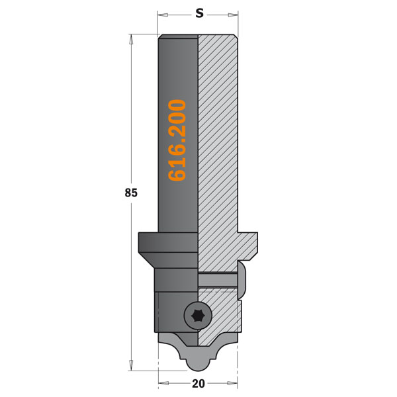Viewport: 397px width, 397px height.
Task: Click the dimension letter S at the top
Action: point(200,13)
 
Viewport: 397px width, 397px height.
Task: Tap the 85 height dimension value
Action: point(131,193)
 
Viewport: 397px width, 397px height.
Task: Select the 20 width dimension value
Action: point(198,384)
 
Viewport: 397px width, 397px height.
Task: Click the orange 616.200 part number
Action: point(177,140)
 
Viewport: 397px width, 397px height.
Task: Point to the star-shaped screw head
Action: point(197,316)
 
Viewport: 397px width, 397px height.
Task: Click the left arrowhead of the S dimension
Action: point(163,15)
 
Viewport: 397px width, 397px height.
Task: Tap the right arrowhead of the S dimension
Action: point(233,15)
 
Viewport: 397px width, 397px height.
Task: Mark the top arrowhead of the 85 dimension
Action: point(131,39)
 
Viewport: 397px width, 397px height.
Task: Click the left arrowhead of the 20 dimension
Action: point(163,383)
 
